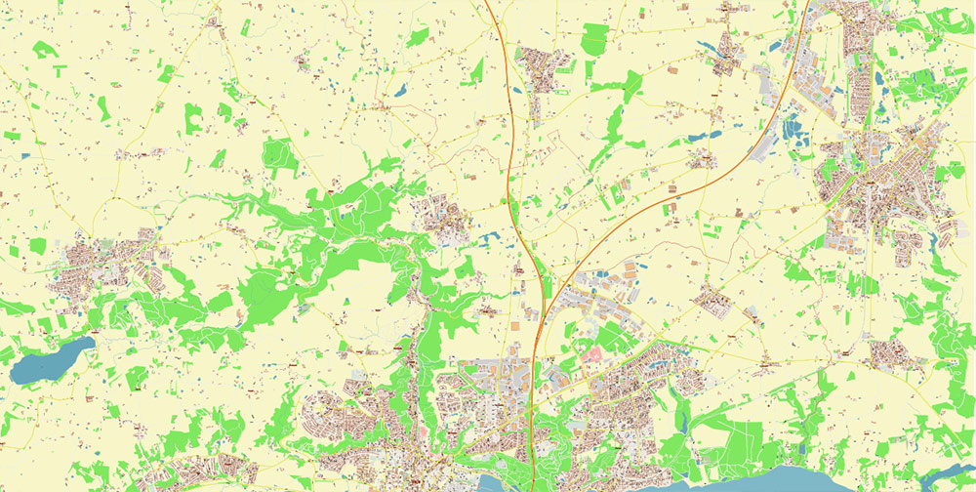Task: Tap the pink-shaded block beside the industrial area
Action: point(593,353)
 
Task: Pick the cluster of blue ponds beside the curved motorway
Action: point(793,132)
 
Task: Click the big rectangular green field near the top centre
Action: point(594,39)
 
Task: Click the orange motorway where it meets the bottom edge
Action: point(530,485)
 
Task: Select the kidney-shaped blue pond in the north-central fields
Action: point(400,91)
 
